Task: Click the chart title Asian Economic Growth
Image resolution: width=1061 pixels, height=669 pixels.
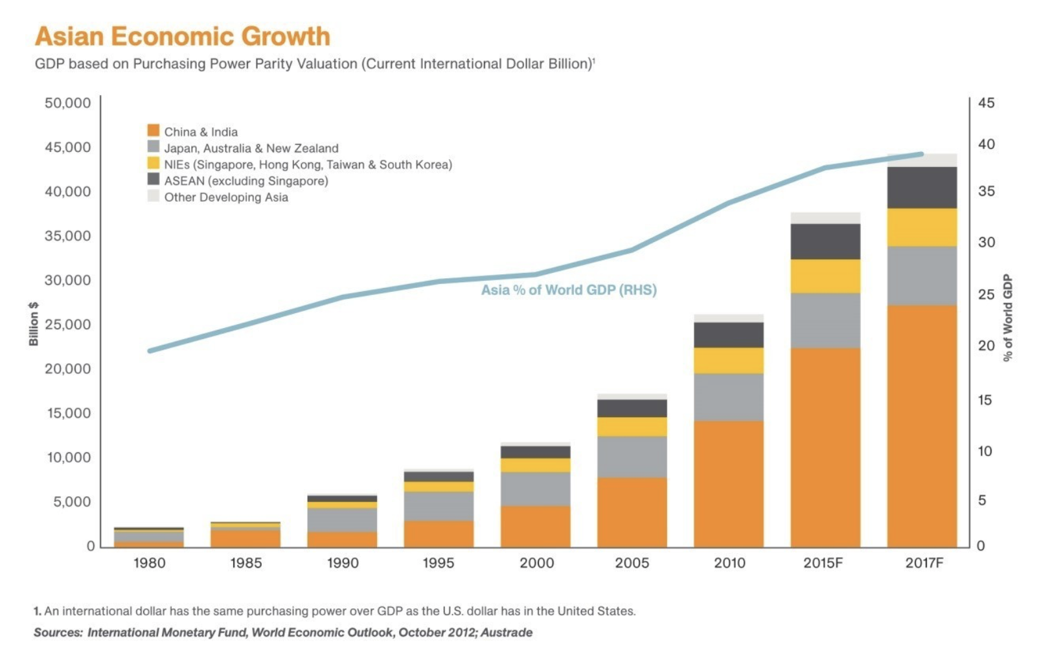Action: (x=183, y=36)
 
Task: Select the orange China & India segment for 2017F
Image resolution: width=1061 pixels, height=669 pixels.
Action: (x=922, y=426)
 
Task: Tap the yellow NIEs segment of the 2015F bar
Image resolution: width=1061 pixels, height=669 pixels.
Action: (x=825, y=276)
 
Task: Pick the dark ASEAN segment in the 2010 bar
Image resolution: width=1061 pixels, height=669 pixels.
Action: (x=729, y=335)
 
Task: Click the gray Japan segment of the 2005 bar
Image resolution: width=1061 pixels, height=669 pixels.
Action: (x=632, y=457)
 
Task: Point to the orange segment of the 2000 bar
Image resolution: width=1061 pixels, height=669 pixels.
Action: (x=535, y=527)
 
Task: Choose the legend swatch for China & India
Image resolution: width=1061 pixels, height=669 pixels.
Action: (x=153, y=131)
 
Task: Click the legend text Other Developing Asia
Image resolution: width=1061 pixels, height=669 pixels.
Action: (x=226, y=197)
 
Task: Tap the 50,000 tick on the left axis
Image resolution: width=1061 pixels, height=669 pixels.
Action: (x=68, y=103)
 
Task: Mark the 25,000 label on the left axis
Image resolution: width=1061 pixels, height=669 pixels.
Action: (x=68, y=325)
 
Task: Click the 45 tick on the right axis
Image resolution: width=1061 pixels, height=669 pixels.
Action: (x=986, y=103)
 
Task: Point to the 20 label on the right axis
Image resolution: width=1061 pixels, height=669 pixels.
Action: (x=986, y=346)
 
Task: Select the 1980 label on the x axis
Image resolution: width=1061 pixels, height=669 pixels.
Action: (x=149, y=563)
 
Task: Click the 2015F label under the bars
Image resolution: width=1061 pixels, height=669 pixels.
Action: (x=823, y=563)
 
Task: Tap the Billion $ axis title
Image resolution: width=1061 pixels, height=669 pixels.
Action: (x=34, y=324)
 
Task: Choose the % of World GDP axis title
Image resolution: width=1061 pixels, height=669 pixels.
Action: (x=1007, y=318)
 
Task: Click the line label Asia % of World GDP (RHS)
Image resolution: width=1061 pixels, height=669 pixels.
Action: (x=569, y=290)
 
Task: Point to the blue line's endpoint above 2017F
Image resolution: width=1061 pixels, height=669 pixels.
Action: (x=921, y=154)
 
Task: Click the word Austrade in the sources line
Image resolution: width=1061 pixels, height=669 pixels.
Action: (x=507, y=633)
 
